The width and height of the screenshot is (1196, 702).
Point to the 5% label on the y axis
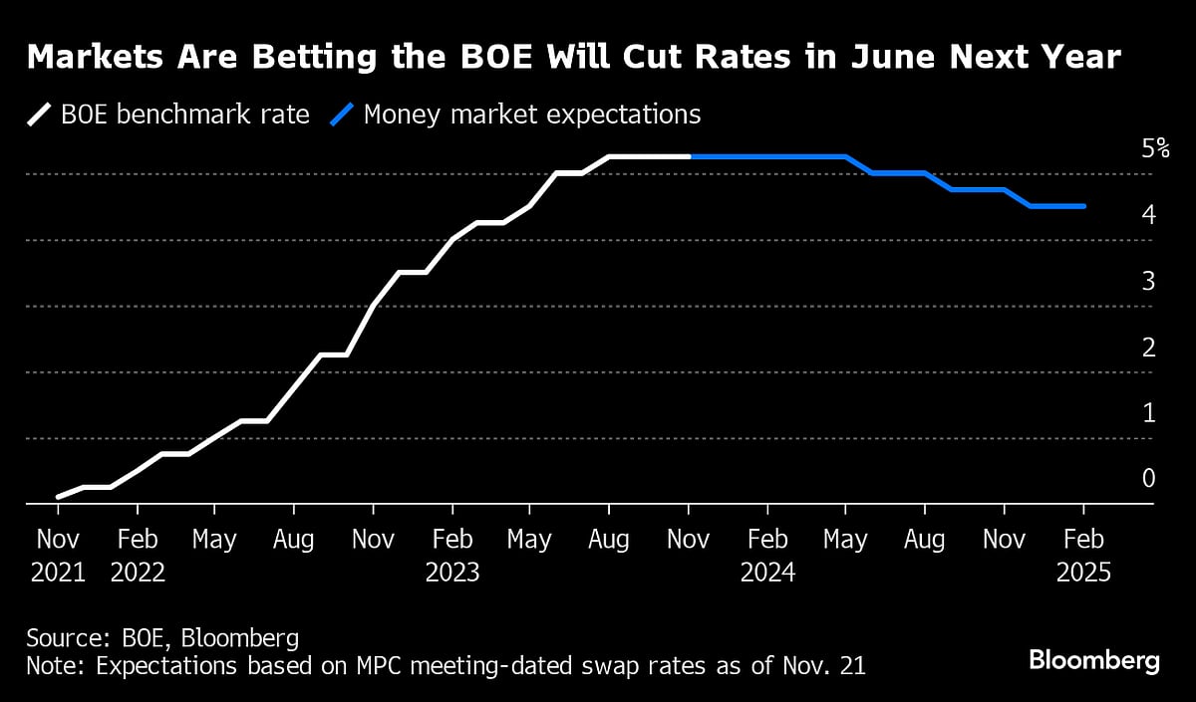(x=1155, y=149)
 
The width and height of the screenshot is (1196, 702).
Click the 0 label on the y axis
(x=1148, y=478)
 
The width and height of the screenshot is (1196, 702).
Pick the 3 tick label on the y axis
(x=1148, y=281)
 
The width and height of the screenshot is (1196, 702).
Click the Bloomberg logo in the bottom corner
(x=1094, y=660)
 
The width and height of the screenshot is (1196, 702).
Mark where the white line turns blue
(x=690, y=156)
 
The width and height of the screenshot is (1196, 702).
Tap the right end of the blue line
(x=1083, y=206)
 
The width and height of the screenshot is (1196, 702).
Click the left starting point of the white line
(x=58, y=496)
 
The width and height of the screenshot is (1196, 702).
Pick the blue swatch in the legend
(x=341, y=115)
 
